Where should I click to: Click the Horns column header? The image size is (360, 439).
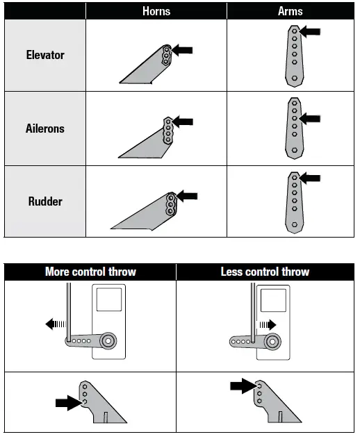(156, 10)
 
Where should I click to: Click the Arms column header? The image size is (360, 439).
(291, 10)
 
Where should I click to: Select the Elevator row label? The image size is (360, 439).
(44, 56)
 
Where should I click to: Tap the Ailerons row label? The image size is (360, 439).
(44, 129)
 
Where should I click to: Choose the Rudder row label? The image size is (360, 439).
(44, 201)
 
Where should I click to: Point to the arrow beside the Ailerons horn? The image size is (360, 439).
(183, 122)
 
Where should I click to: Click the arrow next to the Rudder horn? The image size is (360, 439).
(186, 197)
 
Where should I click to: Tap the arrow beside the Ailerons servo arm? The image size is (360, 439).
(310, 119)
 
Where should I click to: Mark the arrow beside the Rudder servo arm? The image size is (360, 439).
(310, 179)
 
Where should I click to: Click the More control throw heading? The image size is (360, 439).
(90, 272)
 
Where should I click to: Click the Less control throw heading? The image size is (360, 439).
(265, 272)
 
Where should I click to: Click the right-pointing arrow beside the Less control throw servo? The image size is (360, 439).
(268, 324)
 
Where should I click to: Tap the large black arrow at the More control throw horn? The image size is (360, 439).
(67, 401)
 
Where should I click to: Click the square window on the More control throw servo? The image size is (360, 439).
(108, 300)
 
